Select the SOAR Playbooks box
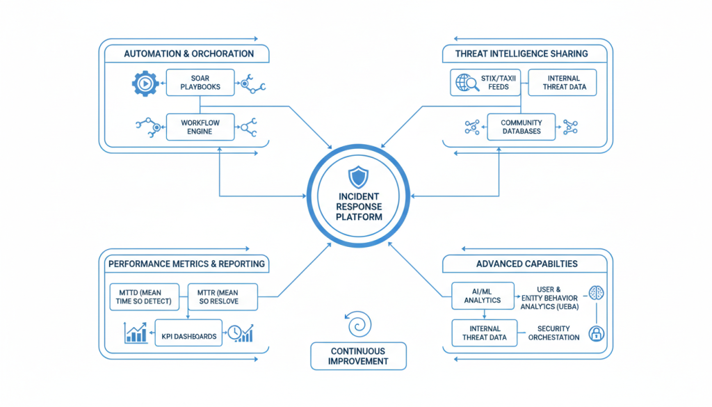(200, 82)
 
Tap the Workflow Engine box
(200, 127)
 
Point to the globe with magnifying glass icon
(464, 83)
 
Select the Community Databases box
(521, 127)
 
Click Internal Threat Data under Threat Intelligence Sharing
(563, 82)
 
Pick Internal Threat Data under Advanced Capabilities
(485, 333)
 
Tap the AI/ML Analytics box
(483, 295)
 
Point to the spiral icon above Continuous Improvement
(358, 324)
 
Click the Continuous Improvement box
(358, 356)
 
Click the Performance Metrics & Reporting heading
(186, 264)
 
